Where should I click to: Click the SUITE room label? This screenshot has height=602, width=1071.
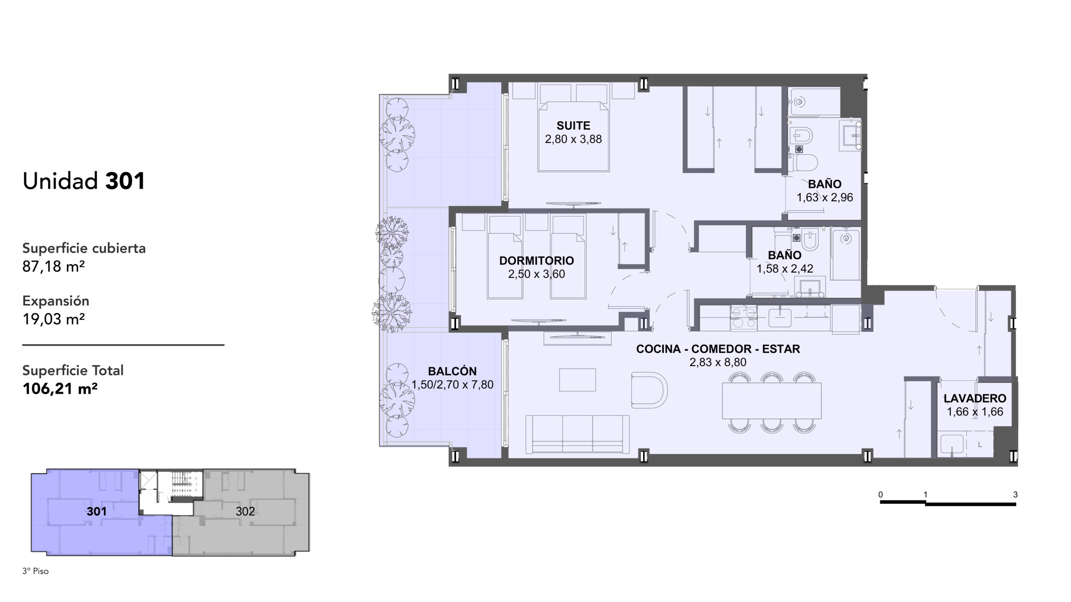click(x=573, y=126)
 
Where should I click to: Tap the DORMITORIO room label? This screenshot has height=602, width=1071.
click(x=536, y=261)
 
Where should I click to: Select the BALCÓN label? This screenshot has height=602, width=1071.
click(x=452, y=371)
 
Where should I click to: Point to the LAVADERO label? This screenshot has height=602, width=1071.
click(x=975, y=398)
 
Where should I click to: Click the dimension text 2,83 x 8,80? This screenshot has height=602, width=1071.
click(x=718, y=362)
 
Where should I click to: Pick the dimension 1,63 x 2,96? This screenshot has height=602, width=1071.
click(x=825, y=197)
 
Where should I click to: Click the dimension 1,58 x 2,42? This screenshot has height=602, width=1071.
click(x=785, y=269)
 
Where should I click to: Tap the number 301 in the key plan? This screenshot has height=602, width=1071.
click(x=97, y=511)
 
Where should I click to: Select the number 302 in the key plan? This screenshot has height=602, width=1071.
click(x=245, y=511)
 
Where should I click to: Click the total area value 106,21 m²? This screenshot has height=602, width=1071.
click(x=60, y=389)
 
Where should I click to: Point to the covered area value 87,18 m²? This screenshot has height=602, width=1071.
click(x=54, y=266)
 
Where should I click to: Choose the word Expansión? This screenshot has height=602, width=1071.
click(x=56, y=301)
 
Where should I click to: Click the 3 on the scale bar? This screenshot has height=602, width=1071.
click(x=1015, y=494)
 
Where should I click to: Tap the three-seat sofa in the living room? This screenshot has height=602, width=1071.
click(x=577, y=434)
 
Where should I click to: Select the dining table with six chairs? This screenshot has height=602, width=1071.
click(x=771, y=400)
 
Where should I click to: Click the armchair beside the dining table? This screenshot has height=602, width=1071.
click(x=649, y=390)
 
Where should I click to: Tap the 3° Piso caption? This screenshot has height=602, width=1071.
click(x=36, y=571)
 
